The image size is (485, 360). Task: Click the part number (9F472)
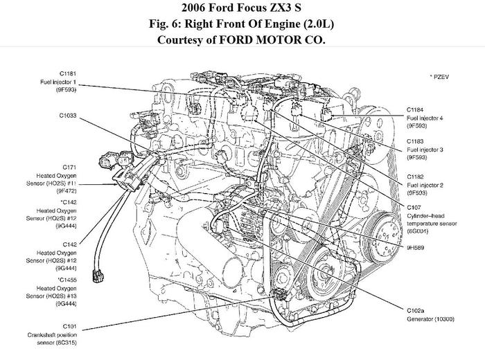[69, 190]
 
